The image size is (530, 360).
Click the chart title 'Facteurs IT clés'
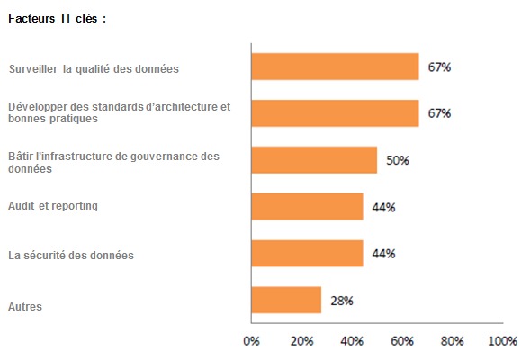[x=57, y=18]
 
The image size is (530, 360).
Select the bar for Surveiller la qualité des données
[x=335, y=67]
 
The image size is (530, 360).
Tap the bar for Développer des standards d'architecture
[x=335, y=112]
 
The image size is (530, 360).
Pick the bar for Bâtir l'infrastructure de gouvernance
[x=314, y=159]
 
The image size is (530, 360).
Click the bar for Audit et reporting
[x=307, y=206]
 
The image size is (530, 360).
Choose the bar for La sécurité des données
[x=307, y=253]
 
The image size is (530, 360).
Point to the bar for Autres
[x=286, y=300]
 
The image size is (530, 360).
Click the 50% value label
[x=398, y=160]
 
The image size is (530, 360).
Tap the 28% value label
[x=342, y=301]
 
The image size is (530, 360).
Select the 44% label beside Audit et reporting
[x=384, y=207]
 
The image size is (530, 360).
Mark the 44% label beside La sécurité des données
[x=384, y=254]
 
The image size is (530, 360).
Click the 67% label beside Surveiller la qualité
[x=440, y=67]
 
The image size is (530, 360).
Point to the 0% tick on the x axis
[x=252, y=341]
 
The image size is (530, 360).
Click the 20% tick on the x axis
[x=301, y=341]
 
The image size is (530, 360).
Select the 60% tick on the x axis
[x=402, y=341]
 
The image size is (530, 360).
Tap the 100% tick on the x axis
[x=502, y=341]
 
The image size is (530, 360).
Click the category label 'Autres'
[x=25, y=306]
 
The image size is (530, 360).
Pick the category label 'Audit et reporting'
[x=53, y=206]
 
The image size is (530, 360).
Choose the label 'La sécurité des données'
[x=70, y=255]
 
